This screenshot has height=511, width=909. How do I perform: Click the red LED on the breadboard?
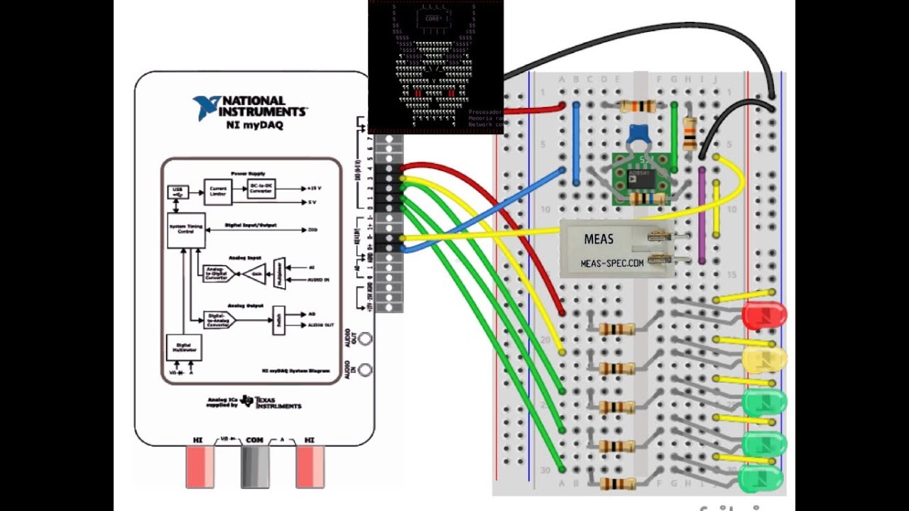764,315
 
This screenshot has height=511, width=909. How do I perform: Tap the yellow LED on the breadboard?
764,359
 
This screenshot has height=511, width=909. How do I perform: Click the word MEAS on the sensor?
599,239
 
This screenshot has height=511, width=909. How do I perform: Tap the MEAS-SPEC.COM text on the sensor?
612,263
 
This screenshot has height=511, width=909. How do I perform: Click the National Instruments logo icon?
205,107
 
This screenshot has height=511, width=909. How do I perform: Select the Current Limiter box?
218,191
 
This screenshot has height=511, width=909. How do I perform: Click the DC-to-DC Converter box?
261,188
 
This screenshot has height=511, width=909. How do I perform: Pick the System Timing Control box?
186,230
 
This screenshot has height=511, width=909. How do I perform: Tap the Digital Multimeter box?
184,348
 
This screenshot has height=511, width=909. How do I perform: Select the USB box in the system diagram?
178,192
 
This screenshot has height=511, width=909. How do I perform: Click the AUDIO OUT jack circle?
365,339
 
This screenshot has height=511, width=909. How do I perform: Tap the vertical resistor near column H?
690,133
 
